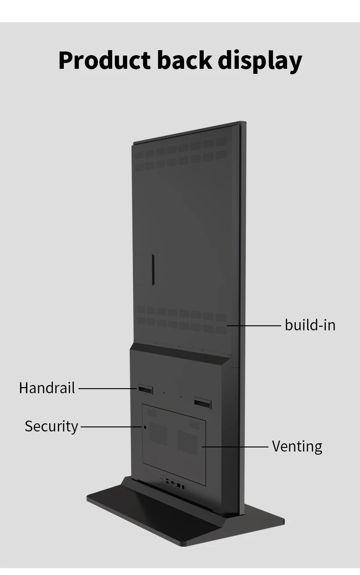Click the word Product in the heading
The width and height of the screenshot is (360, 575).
[104, 61]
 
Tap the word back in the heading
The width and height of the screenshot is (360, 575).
[184, 61]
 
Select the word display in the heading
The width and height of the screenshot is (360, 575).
[260, 61]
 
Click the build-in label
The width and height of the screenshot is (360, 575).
[310, 325]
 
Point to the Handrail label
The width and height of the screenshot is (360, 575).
[47, 388]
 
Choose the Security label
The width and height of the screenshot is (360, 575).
[51, 426]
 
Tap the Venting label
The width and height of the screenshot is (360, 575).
[297, 446]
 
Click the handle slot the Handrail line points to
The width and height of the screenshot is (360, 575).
[145, 389]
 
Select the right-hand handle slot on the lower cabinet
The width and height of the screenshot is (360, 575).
[202, 403]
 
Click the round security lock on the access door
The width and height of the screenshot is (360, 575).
[145, 427]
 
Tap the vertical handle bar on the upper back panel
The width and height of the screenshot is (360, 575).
[153, 269]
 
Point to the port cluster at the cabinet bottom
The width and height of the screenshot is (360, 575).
[173, 483]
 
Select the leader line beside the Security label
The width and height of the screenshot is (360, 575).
[110, 427]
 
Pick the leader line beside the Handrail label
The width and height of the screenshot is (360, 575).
[108, 389]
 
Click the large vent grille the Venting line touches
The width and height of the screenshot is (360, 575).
[188, 442]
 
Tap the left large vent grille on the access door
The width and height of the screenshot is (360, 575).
[158, 433]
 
